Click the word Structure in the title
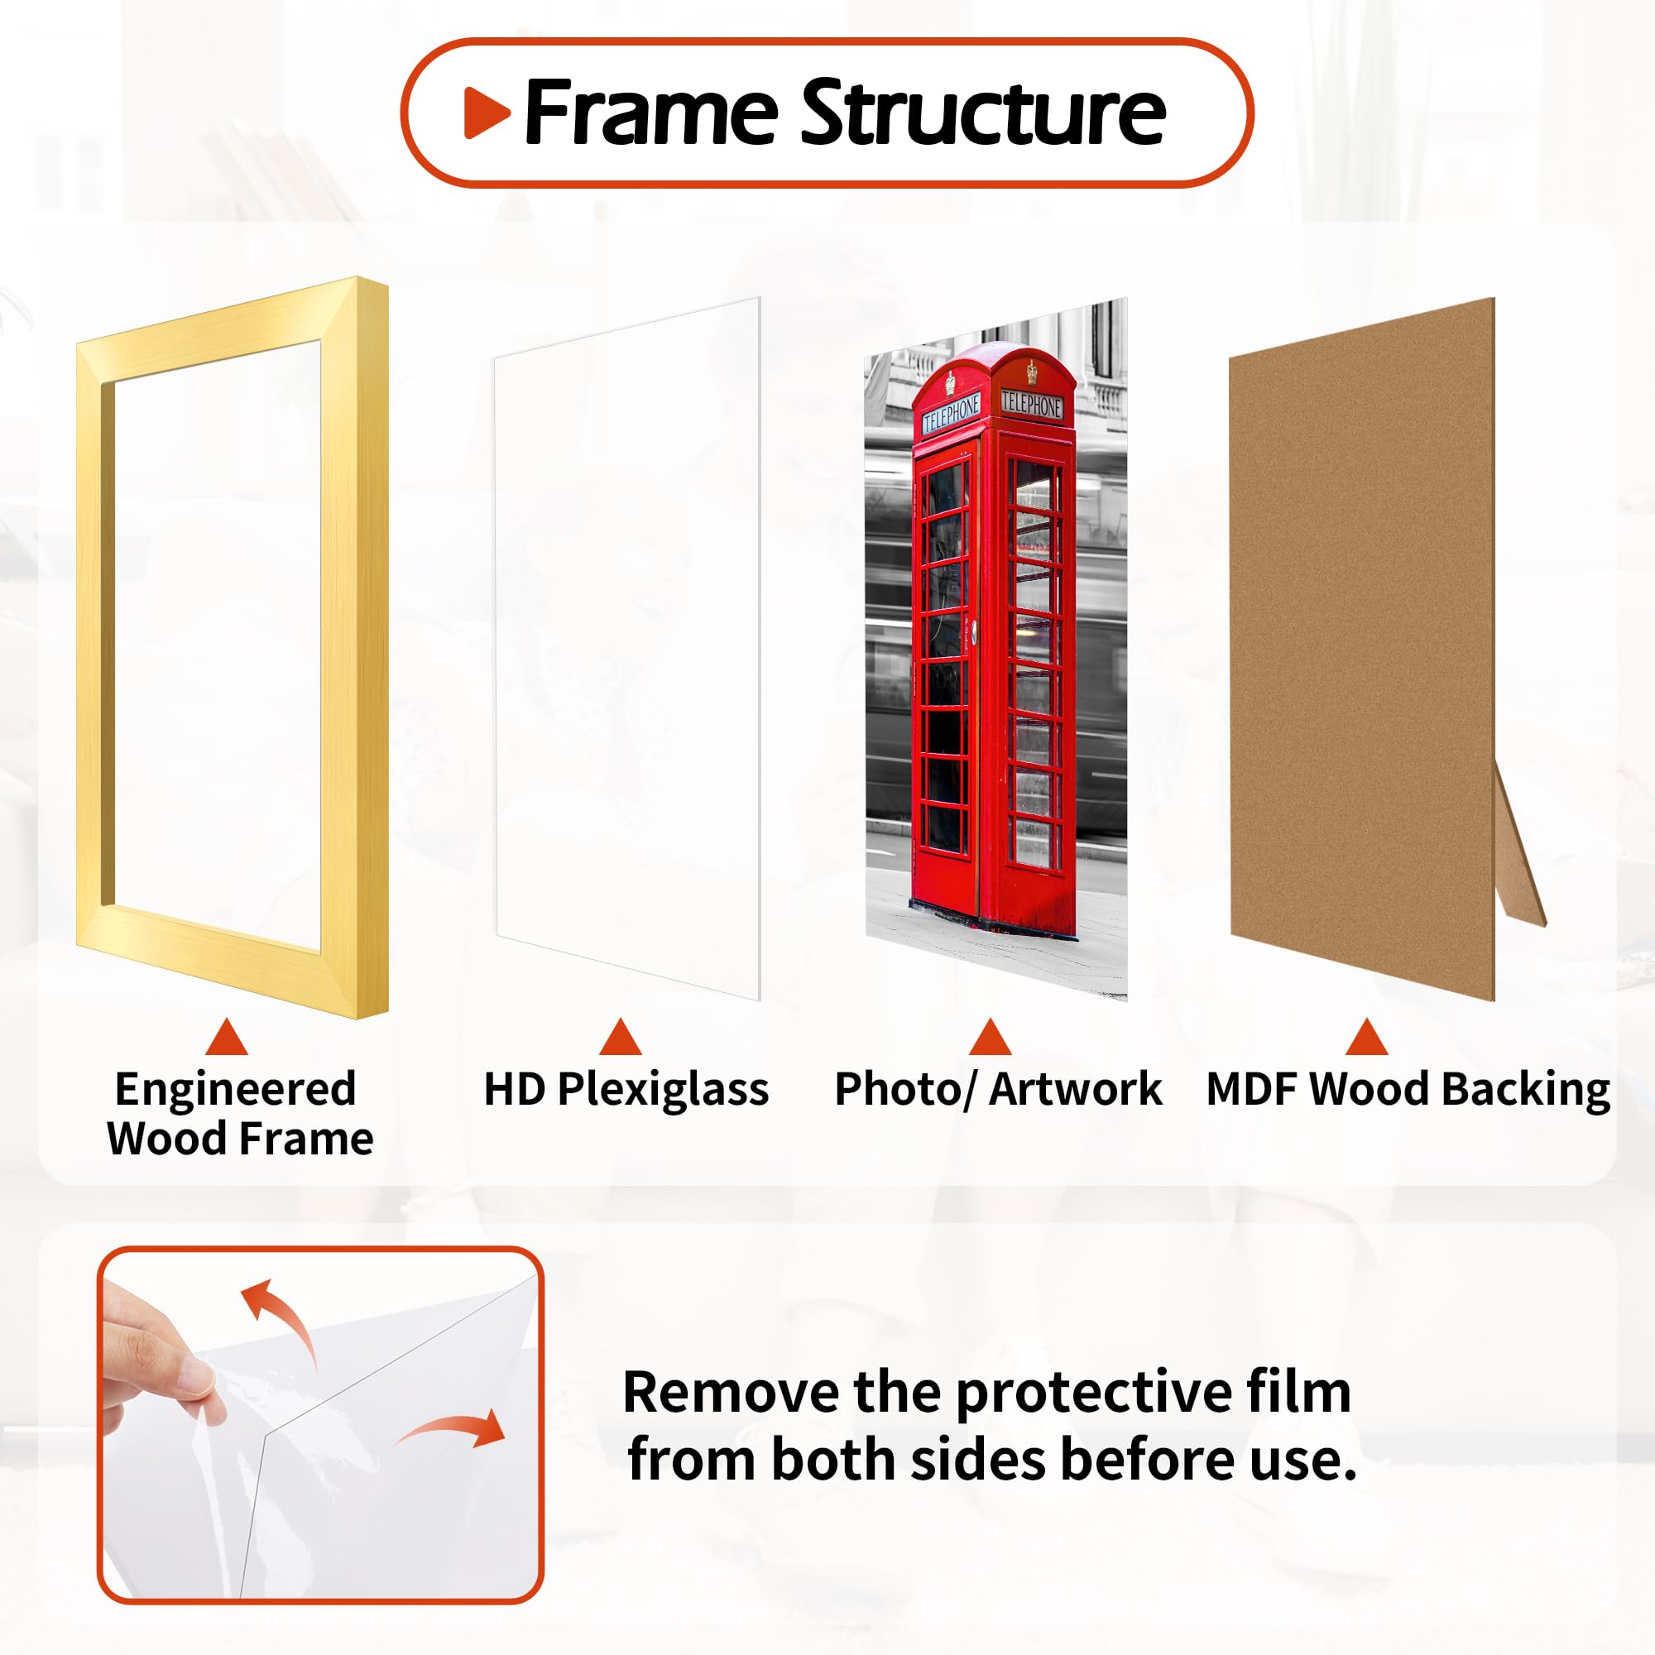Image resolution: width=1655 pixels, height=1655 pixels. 982,113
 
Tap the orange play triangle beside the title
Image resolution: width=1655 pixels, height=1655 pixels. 486,113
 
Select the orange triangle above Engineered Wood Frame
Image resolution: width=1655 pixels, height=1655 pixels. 226,1039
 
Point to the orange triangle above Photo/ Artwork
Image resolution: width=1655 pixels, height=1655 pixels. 991,1039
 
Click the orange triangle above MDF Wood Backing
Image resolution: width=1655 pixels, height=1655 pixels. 1366,1039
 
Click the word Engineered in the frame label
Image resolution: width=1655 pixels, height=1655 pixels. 236,1091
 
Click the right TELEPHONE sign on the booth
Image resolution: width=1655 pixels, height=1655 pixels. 1031,405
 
